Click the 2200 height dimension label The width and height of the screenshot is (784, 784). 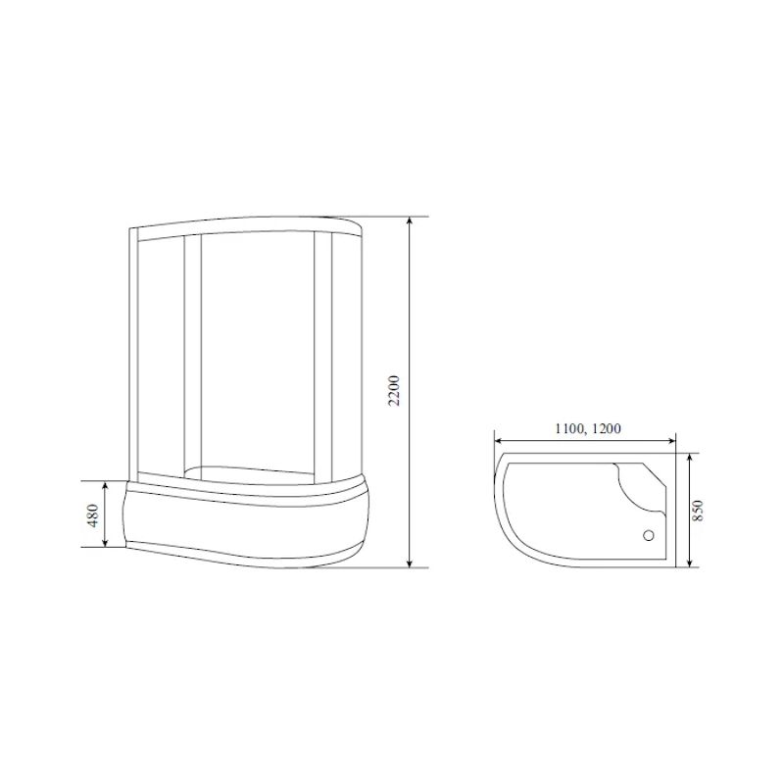(393, 393)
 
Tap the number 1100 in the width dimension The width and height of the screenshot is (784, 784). (566, 429)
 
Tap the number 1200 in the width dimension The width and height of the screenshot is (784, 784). (605, 429)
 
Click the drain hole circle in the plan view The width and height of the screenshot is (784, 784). (647, 536)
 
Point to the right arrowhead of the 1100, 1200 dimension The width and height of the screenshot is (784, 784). (674, 439)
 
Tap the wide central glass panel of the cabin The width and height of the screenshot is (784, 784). (258, 353)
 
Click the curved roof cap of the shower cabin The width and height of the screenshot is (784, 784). (255, 222)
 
